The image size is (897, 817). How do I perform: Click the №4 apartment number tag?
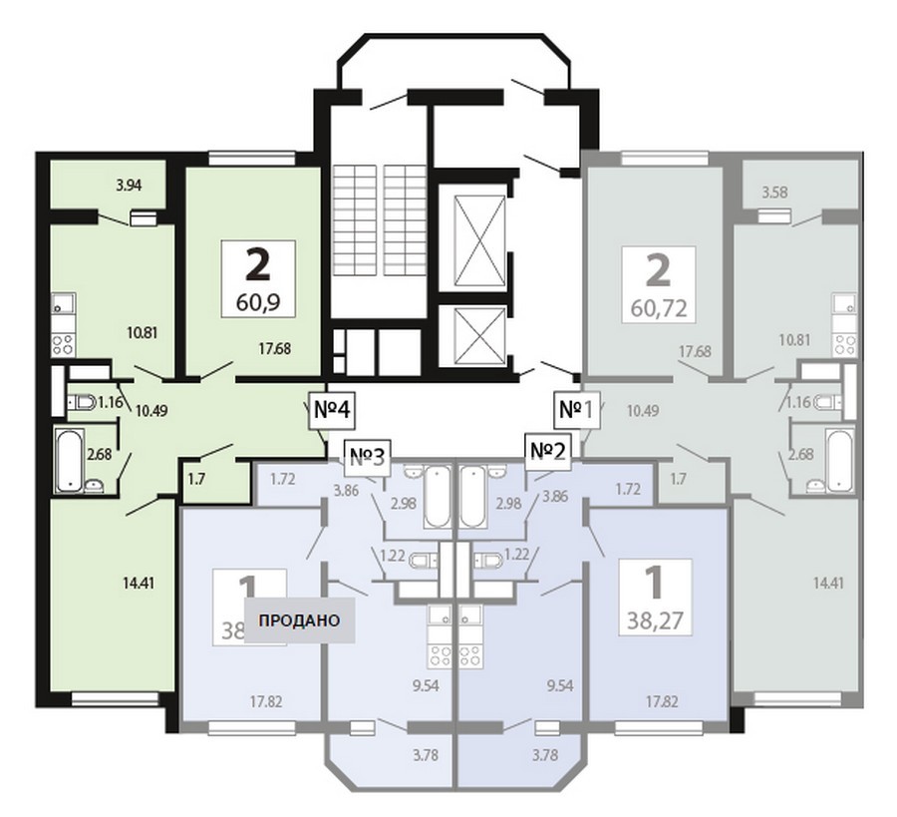coord(332,410)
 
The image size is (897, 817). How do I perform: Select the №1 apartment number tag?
coord(577,410)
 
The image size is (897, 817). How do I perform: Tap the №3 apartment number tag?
coord(367,457)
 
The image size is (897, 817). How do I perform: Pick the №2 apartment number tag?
coord(548,452)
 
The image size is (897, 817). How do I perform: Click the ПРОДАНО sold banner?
coord(299,620)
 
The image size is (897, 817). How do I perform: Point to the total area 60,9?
coord(258,301)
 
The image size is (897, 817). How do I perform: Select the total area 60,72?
coord(659,308)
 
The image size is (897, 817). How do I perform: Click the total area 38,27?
coord(656,619)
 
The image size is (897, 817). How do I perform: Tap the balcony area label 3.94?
coord(129,185)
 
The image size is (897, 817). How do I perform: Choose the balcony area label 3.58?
coord(774,192)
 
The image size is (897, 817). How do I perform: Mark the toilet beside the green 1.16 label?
coord(82,402)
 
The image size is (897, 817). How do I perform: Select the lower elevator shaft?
coord(479,334)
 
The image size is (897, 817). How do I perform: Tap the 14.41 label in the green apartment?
coord(139,584)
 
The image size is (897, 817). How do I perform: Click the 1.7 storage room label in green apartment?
coord(196,479)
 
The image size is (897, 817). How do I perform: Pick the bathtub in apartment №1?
coord(840,460)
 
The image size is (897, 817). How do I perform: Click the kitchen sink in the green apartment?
coord(64,305)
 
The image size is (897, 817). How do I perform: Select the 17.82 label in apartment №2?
coord(662,701)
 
